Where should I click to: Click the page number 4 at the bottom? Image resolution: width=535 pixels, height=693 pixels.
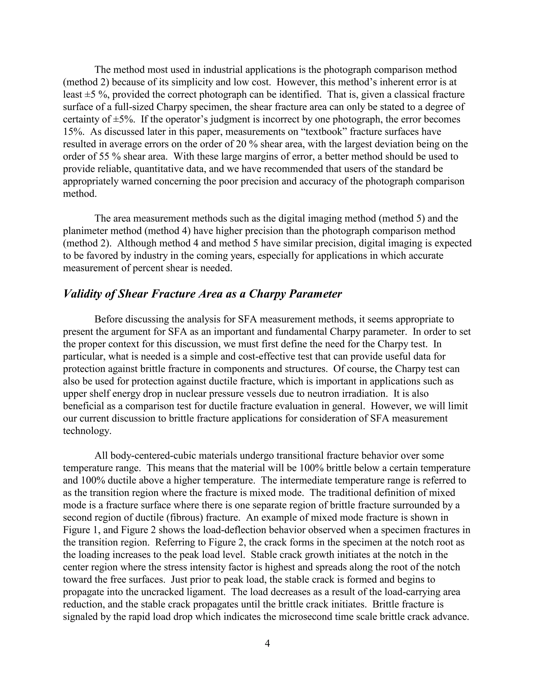267,644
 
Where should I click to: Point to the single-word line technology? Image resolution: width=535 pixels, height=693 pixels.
87,431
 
